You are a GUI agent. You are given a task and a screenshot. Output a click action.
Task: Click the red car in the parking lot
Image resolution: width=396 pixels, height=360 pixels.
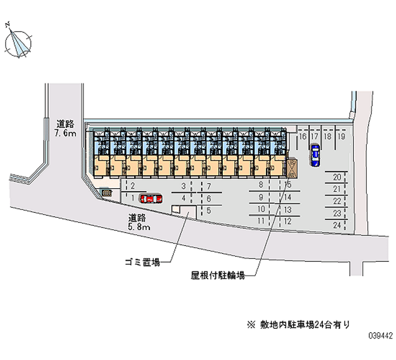[x=150, y=199]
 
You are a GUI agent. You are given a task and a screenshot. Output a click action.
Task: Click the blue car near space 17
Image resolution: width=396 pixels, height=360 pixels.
[x=315, y=155]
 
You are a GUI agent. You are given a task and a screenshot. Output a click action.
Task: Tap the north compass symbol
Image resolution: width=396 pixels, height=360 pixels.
[x=17, y=41]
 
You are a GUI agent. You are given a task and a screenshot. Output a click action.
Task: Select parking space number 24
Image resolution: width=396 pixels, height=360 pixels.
[x=337, y=225]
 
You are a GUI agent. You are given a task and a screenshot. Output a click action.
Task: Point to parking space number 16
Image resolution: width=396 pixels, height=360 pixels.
[x=302, y=136]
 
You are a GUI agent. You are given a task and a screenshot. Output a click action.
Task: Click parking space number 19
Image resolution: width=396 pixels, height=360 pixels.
[x=342, y=136]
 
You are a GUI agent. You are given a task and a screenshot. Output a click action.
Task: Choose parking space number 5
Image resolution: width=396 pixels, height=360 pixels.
[x=208, y=210]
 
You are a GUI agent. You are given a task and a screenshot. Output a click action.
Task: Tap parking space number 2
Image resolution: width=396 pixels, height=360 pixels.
[x=133, y=186]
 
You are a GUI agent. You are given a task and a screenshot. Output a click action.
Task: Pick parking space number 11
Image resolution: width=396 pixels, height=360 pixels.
[x=261, y=221]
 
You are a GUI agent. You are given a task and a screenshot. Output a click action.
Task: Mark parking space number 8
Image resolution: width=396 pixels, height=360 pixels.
[x=261, y=184]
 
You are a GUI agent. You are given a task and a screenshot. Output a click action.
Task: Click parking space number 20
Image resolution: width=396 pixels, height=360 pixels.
[x=337, y=177]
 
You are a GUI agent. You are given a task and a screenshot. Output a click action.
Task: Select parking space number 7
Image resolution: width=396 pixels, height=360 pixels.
[x=209, y=187]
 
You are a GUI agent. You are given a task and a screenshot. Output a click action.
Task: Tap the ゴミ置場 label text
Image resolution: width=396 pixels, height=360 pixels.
[x=143, y=262]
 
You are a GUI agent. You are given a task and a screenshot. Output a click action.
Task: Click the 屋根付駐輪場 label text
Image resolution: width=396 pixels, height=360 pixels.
[x=218, y=275]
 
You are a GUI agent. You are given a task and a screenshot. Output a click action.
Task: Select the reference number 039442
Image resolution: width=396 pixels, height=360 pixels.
[x=381, y=336]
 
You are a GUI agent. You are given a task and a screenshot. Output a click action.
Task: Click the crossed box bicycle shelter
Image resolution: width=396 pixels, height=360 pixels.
[x=292, y=167]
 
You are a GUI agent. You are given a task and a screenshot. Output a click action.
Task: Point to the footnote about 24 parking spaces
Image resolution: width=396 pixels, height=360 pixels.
[x=298, y=325]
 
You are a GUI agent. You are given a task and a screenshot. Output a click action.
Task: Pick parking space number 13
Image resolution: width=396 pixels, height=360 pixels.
[x=288, y=209]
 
